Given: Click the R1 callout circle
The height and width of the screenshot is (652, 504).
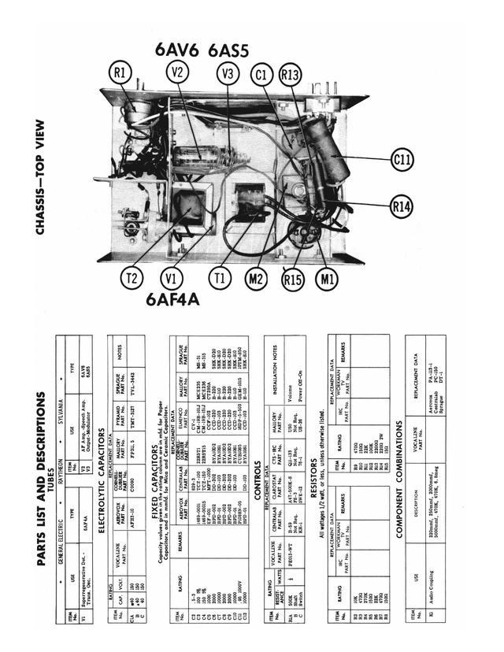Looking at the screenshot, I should click(120, 75).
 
